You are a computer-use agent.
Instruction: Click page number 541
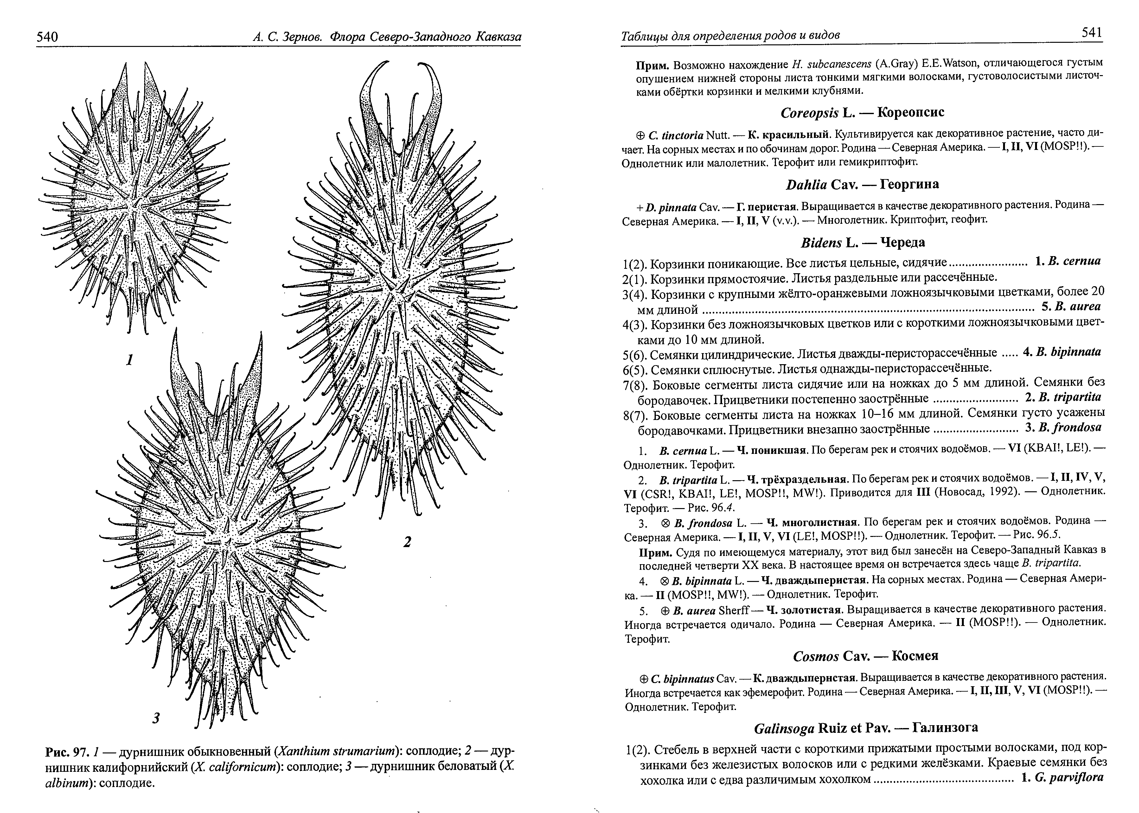pos(1091,33)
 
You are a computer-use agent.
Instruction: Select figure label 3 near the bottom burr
pos(156,718)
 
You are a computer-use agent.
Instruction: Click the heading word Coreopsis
pos(809,113)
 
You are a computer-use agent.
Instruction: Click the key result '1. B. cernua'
pos(1067,261)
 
